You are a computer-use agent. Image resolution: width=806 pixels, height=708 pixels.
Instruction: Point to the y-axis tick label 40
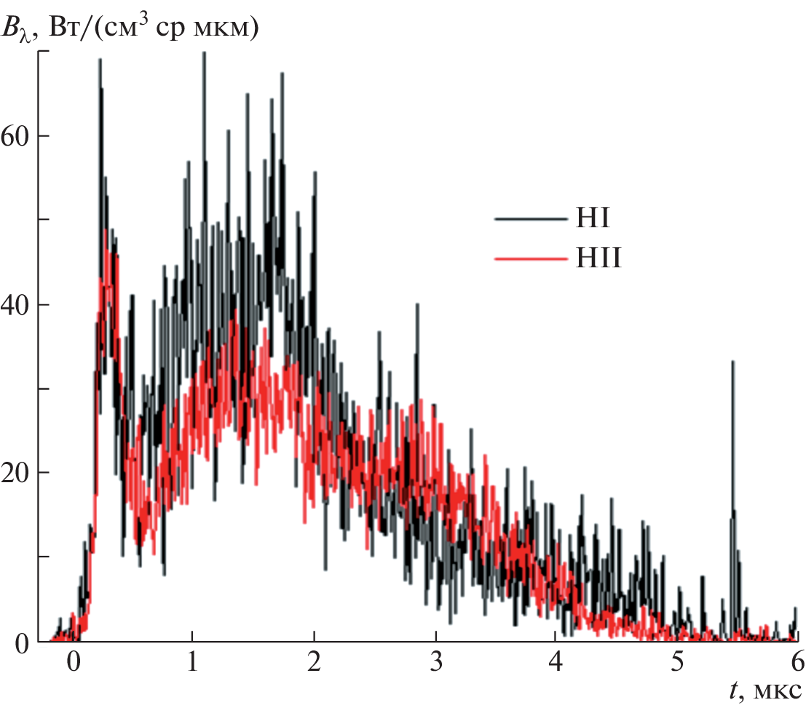(x=18, y=304)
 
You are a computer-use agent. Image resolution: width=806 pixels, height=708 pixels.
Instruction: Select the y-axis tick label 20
(x=18, y=473)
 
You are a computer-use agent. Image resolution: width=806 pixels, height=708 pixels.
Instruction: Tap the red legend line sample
(x=529, y=259)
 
